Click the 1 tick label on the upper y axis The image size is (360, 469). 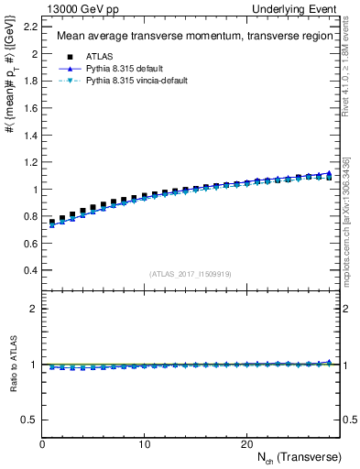(x=35, y=190)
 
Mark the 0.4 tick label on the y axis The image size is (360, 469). (x=30, y=271)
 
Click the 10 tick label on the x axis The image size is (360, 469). (x=145, y=444)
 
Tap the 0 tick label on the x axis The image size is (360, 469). (x=42, y=444)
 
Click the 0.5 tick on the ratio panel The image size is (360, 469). (x=30, y=420)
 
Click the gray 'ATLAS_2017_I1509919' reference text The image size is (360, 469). (x=190, y=274)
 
